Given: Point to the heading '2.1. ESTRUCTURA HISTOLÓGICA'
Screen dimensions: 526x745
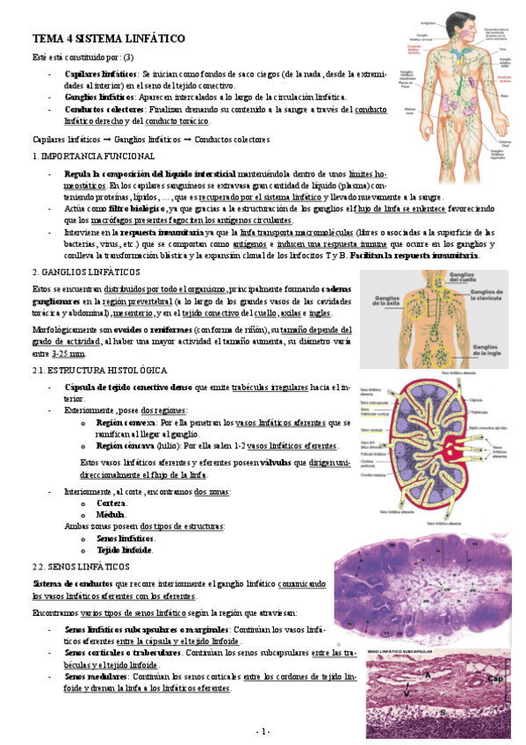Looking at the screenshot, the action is [93, 372].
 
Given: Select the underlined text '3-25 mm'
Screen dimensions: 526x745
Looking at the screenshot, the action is [68, 353].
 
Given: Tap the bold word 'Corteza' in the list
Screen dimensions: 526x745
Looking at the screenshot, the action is [111, 503].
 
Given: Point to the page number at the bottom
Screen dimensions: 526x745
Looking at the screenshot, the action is [263, 731].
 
